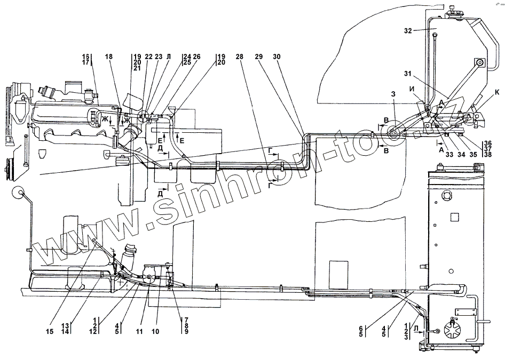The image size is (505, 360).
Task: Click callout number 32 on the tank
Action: click(408, 31)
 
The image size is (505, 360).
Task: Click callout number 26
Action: click(196, 57)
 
